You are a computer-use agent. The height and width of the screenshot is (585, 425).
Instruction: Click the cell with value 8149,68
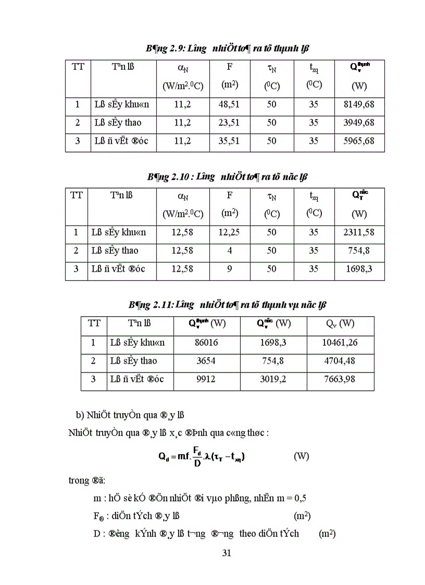click(358, 105)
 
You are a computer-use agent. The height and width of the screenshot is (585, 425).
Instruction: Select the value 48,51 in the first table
click(229, 105)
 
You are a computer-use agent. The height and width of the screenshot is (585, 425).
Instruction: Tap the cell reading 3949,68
click(358, 123)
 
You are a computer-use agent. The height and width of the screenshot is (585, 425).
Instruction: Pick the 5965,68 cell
click(358, 141)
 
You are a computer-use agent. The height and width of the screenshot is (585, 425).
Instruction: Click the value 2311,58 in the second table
click(359, 232)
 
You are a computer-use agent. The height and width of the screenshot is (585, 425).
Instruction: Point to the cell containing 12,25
click(229, 232)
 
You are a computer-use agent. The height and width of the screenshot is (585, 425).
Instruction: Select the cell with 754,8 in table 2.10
click(359, 251)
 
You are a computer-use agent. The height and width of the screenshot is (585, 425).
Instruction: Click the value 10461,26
click(340, 343)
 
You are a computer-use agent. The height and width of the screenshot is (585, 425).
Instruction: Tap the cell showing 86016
click(207, 343)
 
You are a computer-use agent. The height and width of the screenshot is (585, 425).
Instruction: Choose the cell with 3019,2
click(274, 379)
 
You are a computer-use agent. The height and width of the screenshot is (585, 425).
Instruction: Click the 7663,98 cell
click(340, 379)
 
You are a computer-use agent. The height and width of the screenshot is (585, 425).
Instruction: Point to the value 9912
click(207, 379)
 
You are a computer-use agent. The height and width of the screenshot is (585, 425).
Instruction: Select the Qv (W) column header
click(340, 323)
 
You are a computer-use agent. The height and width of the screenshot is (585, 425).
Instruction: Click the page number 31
click(226, 553)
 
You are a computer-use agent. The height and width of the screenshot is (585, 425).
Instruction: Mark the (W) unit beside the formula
click(301, 456)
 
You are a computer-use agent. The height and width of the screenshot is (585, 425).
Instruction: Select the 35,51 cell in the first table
click(229, 141)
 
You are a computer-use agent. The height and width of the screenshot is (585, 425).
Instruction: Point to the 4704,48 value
click(340, 361)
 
